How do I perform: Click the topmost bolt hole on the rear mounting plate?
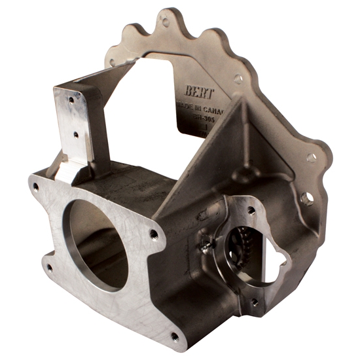pyautogui.click(x=166, y=22)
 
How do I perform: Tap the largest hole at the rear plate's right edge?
pyautogui.click(x=306, y=197)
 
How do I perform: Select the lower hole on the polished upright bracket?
pyautogui.click(x=76, y=135)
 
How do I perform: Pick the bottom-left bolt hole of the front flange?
pyautogui.click(x=49, y=267)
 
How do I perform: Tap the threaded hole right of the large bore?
pyautogui.click(x=153, y=233)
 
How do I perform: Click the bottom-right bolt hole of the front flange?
pyautogui.click(x=175, y=336)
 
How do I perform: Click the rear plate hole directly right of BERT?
pyautogui.click(x=238, y=79)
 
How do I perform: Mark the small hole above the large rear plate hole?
pyautogui.click(x=312, y=157)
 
